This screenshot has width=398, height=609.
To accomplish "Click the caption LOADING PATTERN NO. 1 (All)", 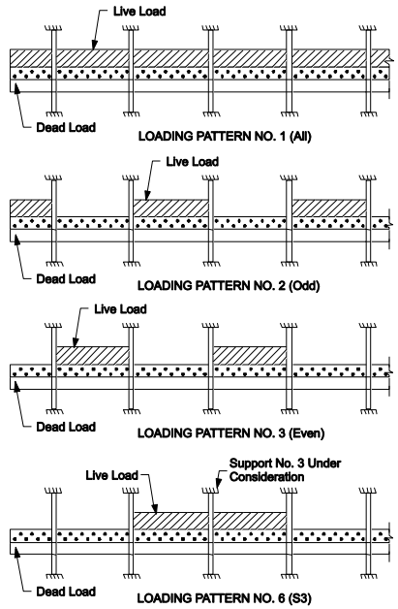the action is pyautogui.click(x=225, y=137).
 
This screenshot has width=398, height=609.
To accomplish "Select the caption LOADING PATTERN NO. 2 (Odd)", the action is pyautogui.click(x=229, y=286).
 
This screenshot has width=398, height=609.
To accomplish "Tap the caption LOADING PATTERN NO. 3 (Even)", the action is pyautogui.click(x=230, y=433).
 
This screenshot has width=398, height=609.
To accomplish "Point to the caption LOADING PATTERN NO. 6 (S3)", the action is pyautogui.click(x=225, y=598).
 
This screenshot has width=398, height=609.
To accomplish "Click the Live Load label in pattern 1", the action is pyautogui.click(x=139, y=12).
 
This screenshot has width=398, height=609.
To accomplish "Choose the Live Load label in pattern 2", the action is pyautogui.click(x=193, y=162).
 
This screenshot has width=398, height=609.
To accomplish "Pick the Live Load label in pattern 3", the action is pyautogui.click(x=120, y=309).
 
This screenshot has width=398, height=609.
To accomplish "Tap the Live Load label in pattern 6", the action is pyautogui.click(x=111, y=475).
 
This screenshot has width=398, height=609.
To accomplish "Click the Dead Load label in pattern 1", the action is pyautogui.click(x=66, y=127).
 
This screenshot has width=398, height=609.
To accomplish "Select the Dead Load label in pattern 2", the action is pyautogui.click(x=66, y=279).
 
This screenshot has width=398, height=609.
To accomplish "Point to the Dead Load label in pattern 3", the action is pyautogui.click(x=66, y=427).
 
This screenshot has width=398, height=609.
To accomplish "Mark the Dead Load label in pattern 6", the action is pyautogui.click(x=66, y=592).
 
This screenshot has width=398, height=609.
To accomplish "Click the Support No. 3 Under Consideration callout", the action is pyautogui.click(x=285, y=469).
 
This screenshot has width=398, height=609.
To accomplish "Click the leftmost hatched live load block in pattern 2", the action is pyautogui.click(x=31, y=208).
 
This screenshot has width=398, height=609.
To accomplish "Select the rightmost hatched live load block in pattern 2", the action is pyautogui.click(x=329, y=208).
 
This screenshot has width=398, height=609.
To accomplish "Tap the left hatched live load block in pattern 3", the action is pyautogui.click(x=93, y=355).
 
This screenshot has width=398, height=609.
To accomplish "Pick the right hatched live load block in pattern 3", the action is pyautogui.click(x=250, y=355).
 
